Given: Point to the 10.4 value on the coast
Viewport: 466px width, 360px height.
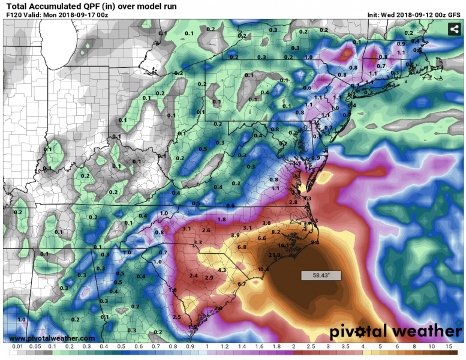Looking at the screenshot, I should pos(263,269).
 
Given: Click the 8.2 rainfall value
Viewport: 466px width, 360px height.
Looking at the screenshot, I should pos(276,232).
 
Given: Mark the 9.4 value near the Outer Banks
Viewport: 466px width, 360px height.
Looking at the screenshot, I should pos(315,242).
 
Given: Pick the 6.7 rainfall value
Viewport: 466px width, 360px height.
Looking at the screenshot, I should pos(242,284).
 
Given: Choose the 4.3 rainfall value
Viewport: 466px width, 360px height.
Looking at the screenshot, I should pos(221,271).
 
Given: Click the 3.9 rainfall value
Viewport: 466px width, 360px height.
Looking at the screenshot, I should pos(235,235).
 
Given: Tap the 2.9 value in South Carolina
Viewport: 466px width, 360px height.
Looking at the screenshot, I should pos(209,278).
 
